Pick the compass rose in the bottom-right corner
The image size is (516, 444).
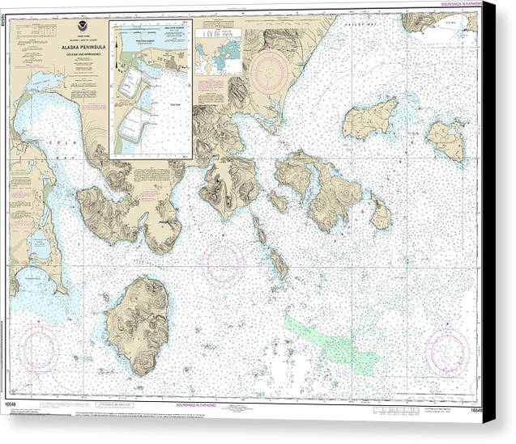point(447,352)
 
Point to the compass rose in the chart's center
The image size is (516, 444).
point(224,264)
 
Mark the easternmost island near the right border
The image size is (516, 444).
point(446,140)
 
